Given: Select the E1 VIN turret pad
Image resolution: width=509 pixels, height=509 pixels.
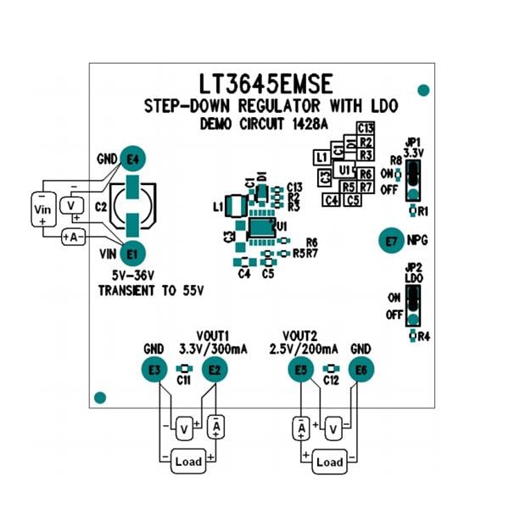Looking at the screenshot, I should coord(131,253).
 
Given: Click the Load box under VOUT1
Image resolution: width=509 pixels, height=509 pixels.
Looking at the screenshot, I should coord(187,462).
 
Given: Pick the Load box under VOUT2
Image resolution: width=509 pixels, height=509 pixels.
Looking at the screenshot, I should coord(329,462).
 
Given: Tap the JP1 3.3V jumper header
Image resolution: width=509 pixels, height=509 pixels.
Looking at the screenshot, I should coord(413,177).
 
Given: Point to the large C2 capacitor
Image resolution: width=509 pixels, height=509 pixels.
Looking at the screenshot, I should coord(134,205).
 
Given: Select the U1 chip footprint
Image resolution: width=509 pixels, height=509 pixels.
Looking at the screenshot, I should coord(261,227).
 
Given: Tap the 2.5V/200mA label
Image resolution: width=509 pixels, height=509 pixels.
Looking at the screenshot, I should coord(304,349).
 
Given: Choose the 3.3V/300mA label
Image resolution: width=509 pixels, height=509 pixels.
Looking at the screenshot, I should coord(212,349).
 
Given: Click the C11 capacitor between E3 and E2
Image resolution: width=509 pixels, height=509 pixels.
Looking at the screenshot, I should coord(183,369).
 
